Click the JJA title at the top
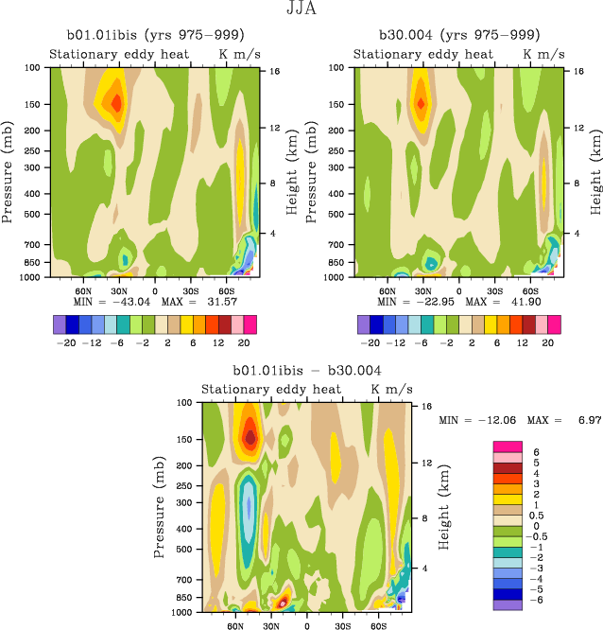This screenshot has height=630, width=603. tap(301, 10)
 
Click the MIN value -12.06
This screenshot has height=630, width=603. tap(497, 418)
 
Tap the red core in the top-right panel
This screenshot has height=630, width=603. tap(421, 102)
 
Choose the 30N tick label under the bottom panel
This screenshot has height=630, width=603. tap(271, 626)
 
